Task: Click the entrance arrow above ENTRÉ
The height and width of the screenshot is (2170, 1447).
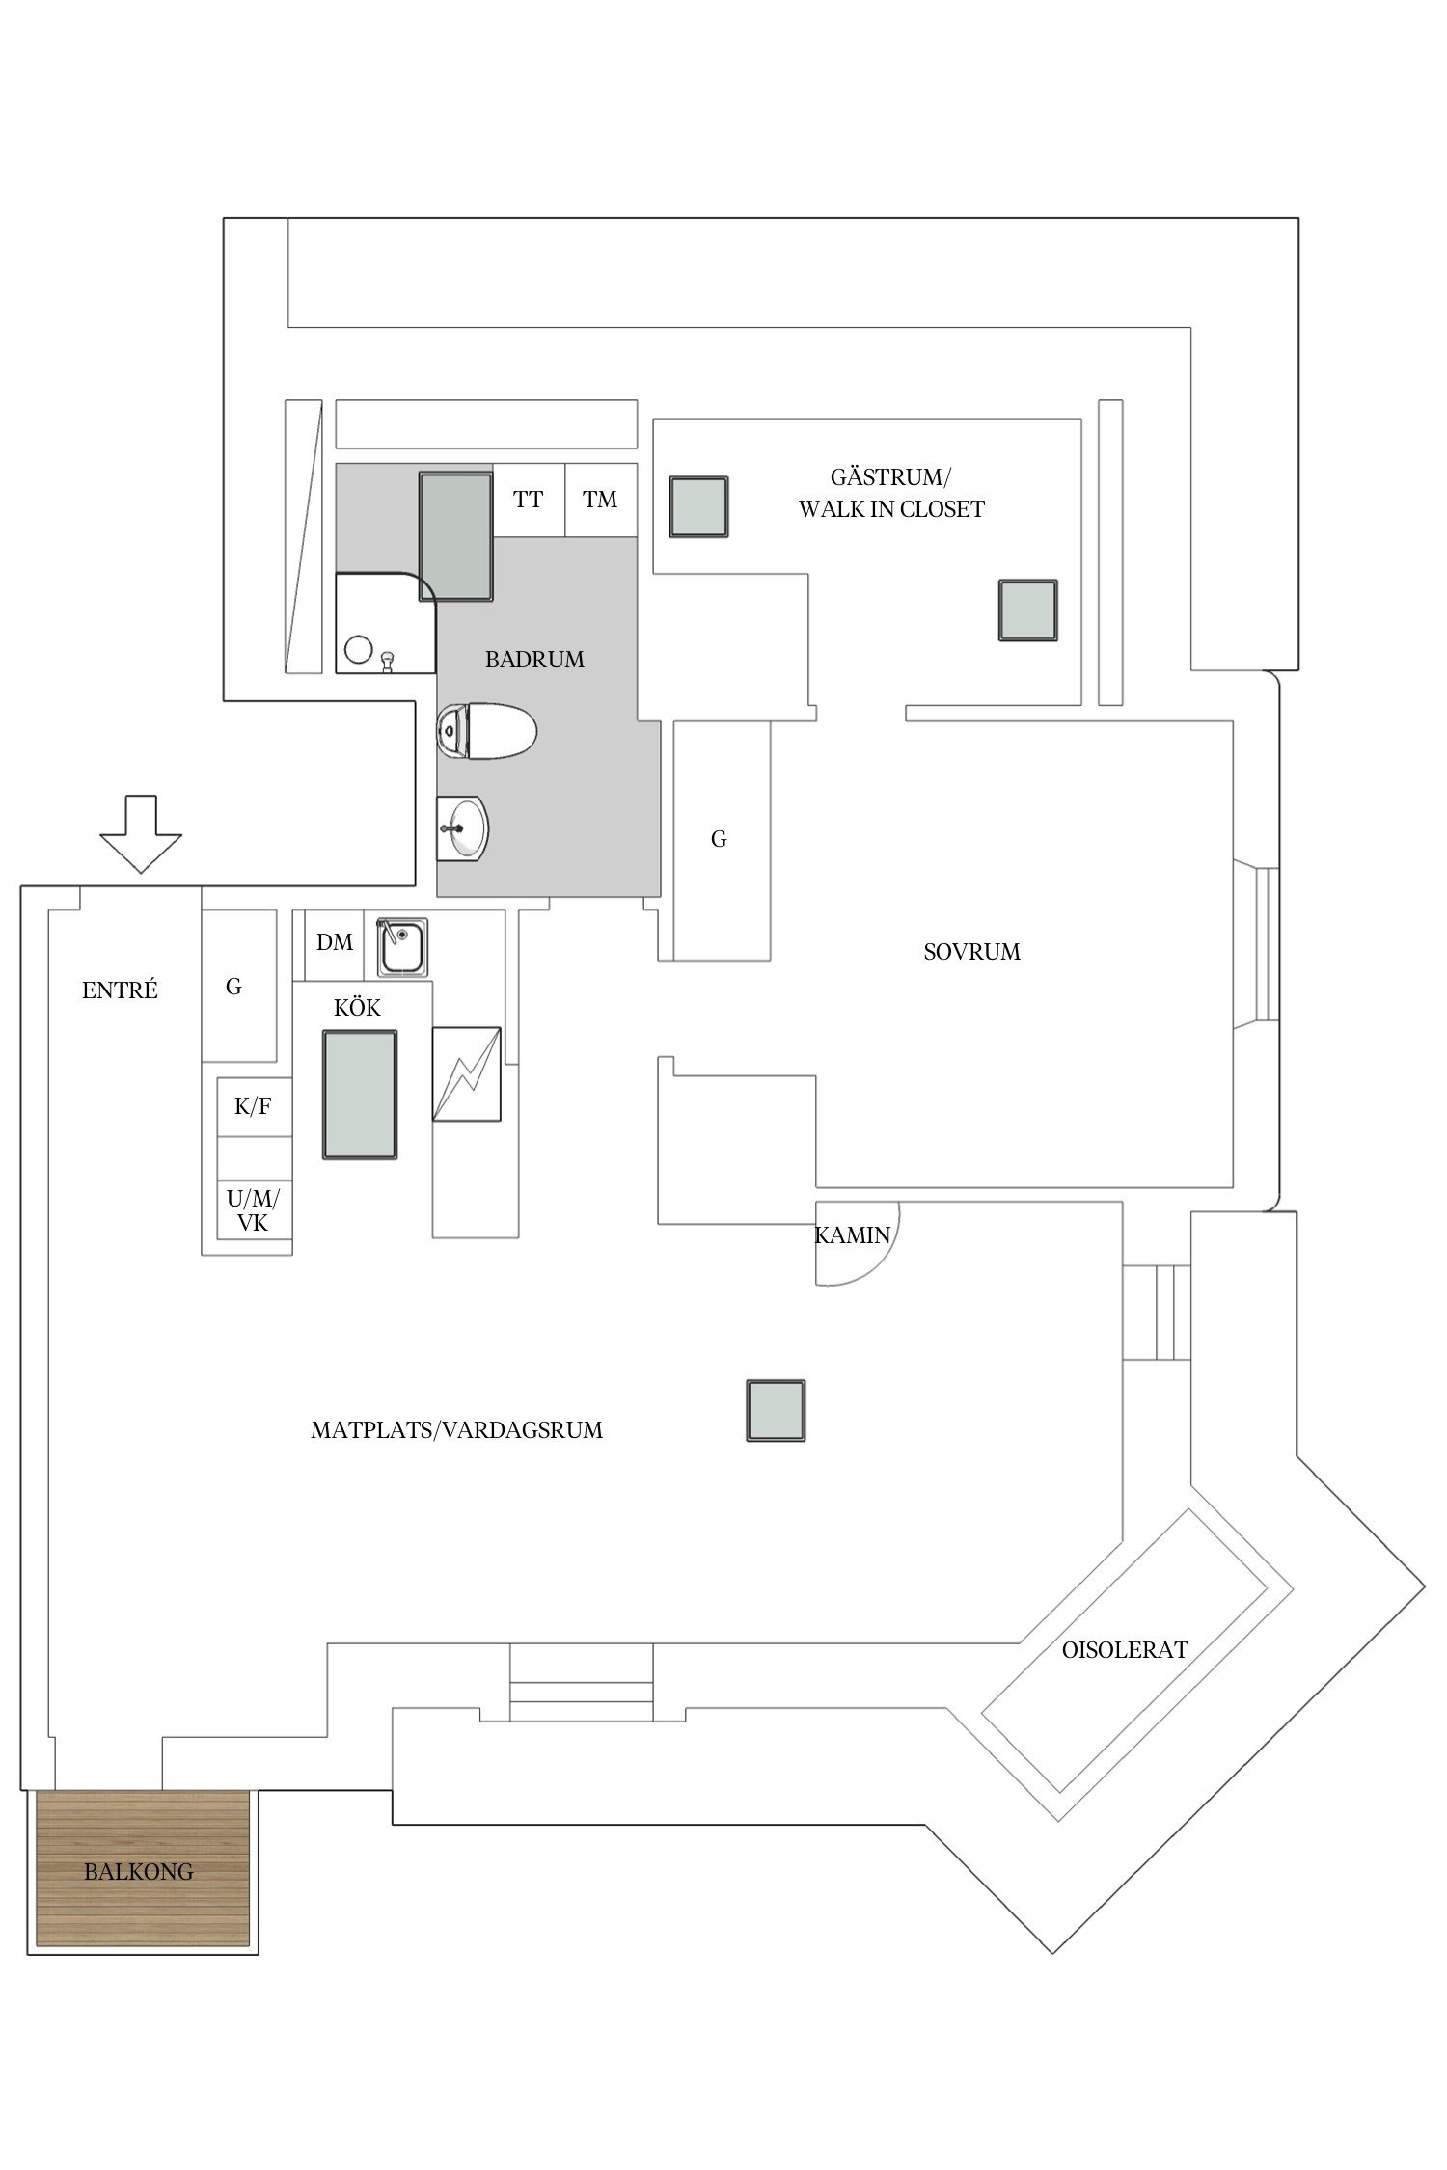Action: coord(141,833)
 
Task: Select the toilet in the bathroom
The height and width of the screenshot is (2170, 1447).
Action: coord(486,730)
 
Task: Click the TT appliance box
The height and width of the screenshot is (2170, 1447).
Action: coord(529,500)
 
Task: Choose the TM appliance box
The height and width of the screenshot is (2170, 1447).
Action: coord(601,500)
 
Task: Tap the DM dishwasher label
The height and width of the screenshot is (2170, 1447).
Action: coord(335,942)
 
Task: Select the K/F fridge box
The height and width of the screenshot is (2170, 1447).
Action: coord(254,1106)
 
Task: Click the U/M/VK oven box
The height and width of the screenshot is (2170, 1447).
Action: coord(254,1211)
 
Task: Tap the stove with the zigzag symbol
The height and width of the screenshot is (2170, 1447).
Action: coord(467,1074)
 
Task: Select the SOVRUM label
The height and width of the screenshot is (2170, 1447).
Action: coord(971,952)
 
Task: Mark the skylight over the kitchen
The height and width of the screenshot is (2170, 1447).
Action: coord(360,1095)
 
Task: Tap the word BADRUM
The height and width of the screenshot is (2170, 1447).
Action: coord(534,660)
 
